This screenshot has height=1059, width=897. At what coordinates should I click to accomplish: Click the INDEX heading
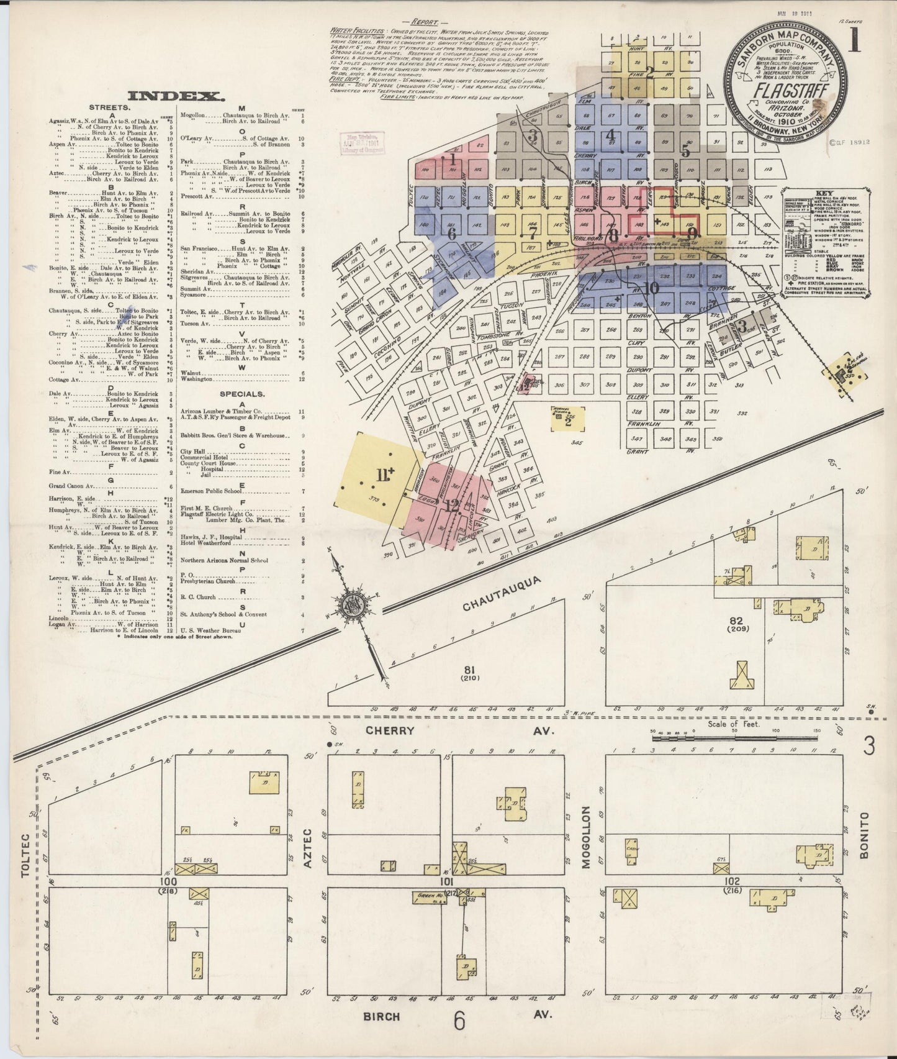[175, 96]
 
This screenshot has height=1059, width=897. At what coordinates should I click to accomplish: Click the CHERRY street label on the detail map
[389, 731]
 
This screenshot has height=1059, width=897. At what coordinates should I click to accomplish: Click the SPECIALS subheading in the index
[242, 394]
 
